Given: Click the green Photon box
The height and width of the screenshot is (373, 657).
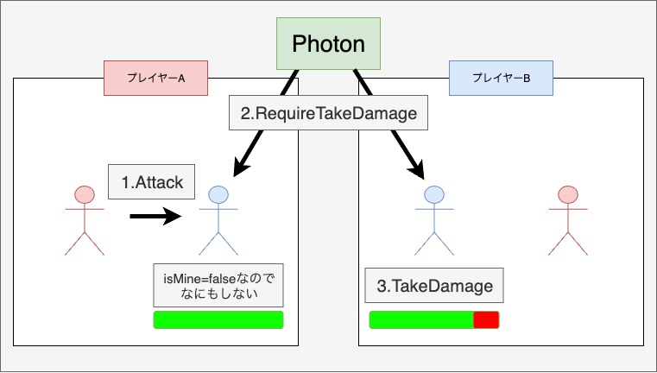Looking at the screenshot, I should tap(328, 43).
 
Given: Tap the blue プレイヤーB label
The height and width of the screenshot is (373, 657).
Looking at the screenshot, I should tap(501, 78).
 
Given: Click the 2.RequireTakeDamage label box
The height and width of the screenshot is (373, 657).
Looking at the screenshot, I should tap(328, 112).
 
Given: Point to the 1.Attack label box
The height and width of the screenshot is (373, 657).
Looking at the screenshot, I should tap(152, 182).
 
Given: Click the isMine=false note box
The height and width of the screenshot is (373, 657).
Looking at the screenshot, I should tap(218, 285).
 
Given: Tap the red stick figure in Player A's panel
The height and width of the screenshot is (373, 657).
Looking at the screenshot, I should tap(84, 219).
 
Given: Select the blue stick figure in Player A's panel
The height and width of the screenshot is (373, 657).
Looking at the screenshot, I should tap(219, 219).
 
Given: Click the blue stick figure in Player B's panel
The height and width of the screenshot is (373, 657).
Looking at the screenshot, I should tap(434, 219).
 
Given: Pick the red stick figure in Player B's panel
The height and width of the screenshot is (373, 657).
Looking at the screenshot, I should tap(567, 219).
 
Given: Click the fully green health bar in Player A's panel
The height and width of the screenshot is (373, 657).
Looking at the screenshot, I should tap(218, 320).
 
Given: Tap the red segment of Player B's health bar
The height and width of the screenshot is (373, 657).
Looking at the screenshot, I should tap(486, 320).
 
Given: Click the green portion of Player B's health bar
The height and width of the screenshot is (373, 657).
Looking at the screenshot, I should tap(421, 320).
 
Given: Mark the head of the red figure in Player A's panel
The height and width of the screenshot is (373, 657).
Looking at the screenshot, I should tap(84, 194).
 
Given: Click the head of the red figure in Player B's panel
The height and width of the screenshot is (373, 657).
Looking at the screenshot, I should tap(567, 194).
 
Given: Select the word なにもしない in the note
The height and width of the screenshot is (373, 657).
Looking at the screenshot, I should tap(219, 294).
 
